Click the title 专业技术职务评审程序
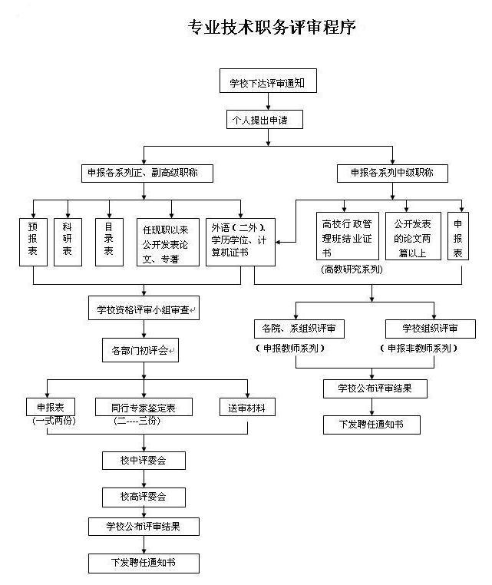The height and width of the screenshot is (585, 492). tap(272, 28)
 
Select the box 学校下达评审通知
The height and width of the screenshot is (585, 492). tap(267, 81)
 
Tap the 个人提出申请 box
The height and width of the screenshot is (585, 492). tap(267, 120)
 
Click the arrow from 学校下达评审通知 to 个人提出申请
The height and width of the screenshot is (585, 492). tap(267, 101)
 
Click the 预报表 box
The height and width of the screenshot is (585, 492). tap(33, 241)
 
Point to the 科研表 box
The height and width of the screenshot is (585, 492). tap(68, 241)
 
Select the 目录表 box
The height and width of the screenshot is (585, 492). tap(110, 241)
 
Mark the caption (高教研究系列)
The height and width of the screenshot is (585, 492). tap(352, 269)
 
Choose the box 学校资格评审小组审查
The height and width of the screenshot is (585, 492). tap(144, 310)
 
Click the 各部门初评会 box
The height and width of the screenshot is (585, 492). tap(144, 351)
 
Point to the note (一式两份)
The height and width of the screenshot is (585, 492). tap(52, 421)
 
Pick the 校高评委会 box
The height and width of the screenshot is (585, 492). tap(144, 497)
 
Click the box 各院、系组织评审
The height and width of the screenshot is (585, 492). tap(299, 329)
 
